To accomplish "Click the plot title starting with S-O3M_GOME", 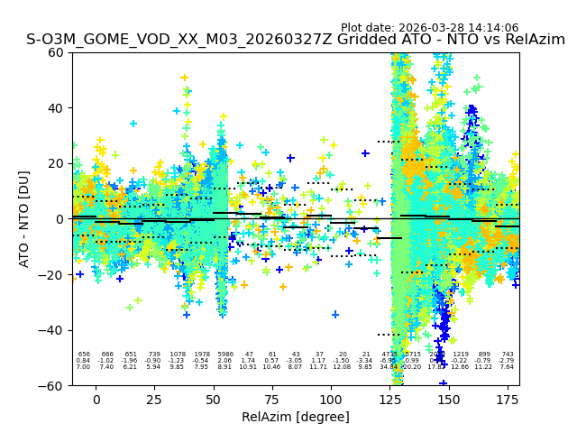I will click(296, 40).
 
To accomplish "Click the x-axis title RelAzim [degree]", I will click(296, 417).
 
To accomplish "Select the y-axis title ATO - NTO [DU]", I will click(24, 218).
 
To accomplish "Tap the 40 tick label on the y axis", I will click(54, 107).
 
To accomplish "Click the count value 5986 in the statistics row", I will click(224, 355).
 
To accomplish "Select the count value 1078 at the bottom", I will click(178, 355).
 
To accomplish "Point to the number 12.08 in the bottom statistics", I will click(342, 367).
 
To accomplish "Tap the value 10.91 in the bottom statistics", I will click(248, 367).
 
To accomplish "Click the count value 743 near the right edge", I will click(508, 355).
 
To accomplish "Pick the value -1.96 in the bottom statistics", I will click(131, 361).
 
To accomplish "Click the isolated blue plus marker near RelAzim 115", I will click(365, 153).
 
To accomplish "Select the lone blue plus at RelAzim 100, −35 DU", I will click(334, 315).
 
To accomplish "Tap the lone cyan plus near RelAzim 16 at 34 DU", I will click(133, 124).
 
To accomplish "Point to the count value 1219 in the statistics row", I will click(461, 355).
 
